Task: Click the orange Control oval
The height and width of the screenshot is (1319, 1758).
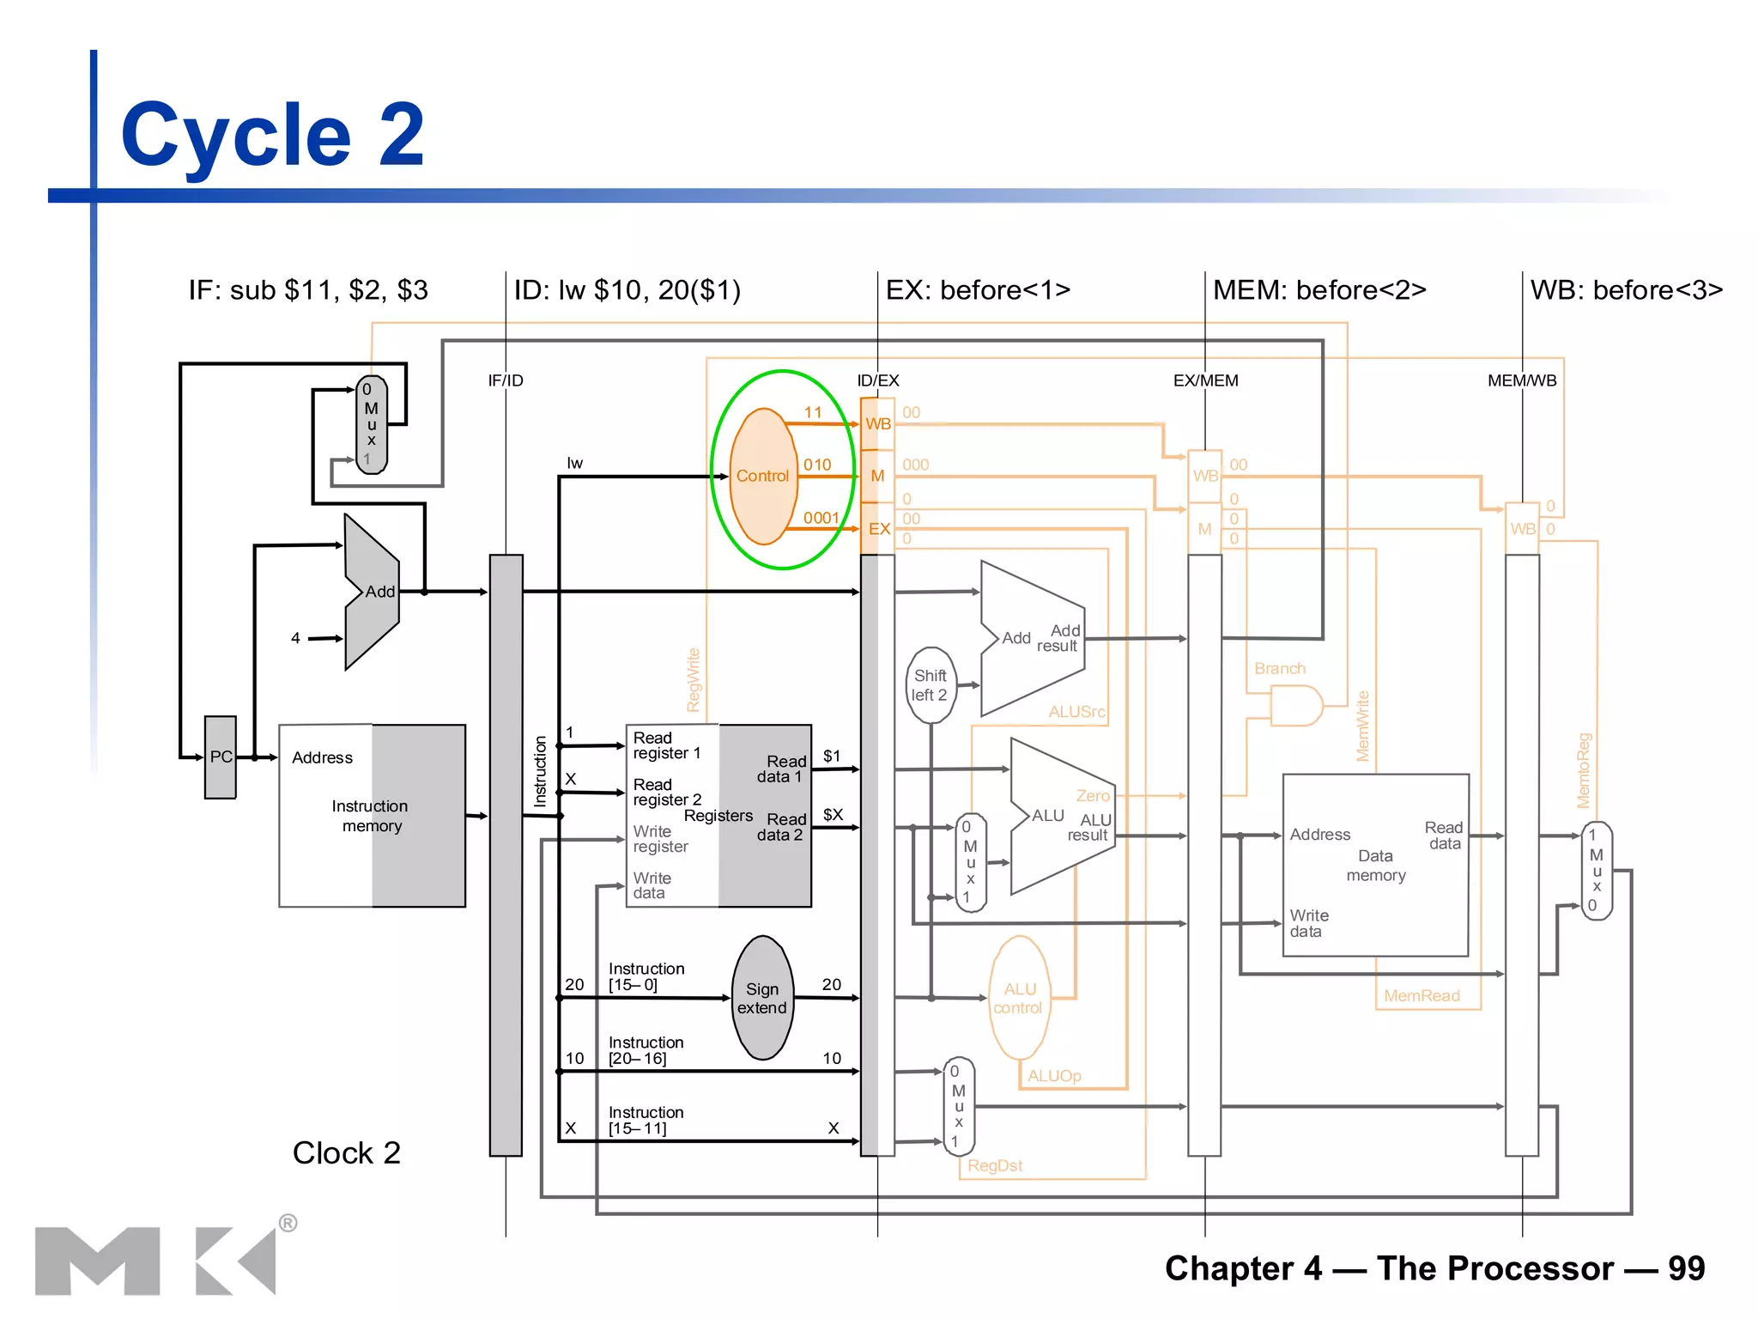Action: [x=762, y=476]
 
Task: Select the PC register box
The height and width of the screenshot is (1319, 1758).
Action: [x=221, y=757]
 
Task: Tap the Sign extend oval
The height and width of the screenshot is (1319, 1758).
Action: [x=762, y=998]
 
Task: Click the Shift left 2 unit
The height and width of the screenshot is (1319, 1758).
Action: [x=931, y=685]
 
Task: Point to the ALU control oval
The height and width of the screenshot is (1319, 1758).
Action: [x=1019, y=998]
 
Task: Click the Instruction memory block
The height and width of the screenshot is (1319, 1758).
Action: [x=372, y=816]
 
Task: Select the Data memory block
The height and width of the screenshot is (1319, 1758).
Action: [x=1375, y=866]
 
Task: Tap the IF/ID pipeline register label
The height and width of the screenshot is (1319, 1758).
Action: [x=506, y=380]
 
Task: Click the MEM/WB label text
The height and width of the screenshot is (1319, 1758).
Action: [x=1522, y=380]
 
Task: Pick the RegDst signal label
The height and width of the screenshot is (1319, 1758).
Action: [x=995, y=1165]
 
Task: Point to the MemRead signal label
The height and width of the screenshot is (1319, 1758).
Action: [x=1422, y=995]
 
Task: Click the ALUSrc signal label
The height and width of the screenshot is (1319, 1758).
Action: [x=1076, y=712]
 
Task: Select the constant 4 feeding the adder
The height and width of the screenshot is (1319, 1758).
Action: [x=295, y=638]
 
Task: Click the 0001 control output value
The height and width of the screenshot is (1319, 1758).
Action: [x=821, y=518]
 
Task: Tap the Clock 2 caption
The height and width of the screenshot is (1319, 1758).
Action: [x=346, y=1152]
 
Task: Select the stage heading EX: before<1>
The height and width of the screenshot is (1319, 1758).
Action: [x=978, y=290]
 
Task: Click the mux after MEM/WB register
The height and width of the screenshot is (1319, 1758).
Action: [x=1597, y=870]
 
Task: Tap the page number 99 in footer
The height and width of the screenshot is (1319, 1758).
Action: [x=1686, y=1268]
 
